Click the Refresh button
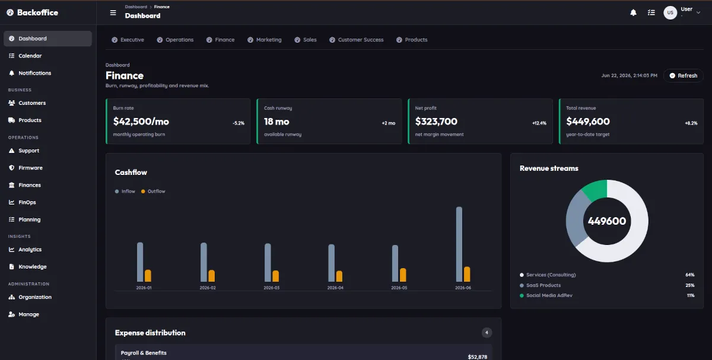684,76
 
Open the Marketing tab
265,40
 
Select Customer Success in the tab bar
357,40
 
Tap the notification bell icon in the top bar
633,12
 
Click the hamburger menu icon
113,12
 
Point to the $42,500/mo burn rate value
141,122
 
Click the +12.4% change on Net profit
539,123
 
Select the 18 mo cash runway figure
276,122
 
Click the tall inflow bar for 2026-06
459,244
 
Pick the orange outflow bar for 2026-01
148,276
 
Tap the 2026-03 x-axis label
272,288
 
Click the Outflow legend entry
153,192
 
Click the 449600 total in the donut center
607,221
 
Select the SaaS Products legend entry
541,285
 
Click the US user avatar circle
670,12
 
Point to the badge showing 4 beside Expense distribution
487,333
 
